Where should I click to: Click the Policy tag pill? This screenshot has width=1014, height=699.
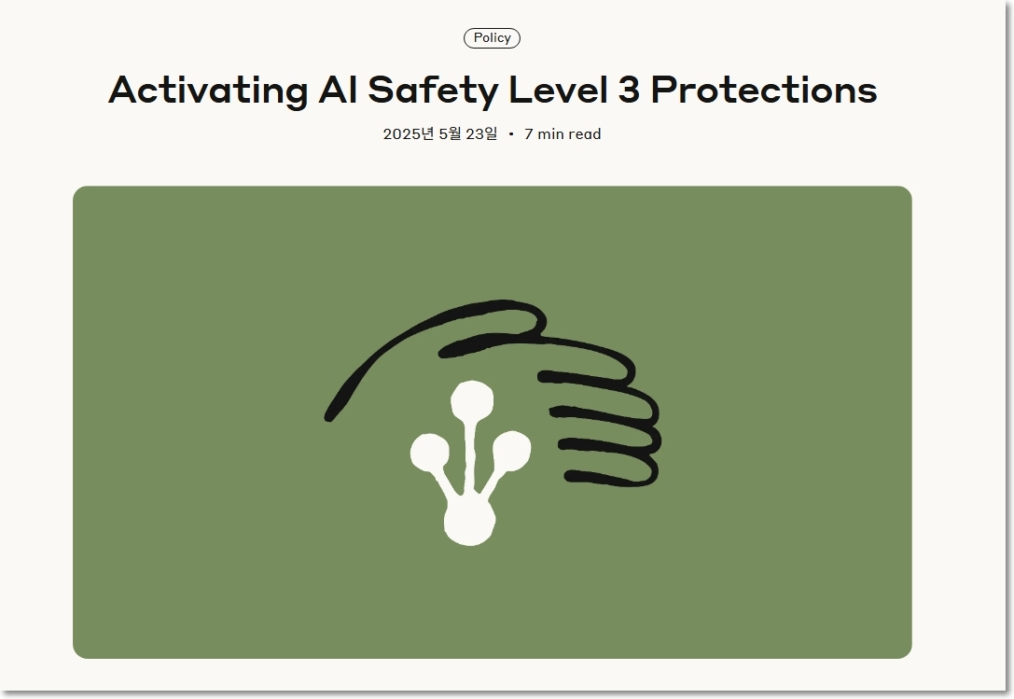tap(492, 38)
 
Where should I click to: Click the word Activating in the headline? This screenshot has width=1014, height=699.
tap(208, 90)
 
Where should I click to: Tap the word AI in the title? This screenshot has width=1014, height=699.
tap(337, 90)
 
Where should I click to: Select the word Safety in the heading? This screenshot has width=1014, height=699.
tap(433, 90)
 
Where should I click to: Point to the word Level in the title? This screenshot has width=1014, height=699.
tap(558, 89)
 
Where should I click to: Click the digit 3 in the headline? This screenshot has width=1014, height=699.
tap(630, 90)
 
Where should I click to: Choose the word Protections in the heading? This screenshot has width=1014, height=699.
tap(764, 90)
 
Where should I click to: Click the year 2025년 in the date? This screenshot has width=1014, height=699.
tap(408, 134)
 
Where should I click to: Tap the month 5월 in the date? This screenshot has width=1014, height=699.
tap(450, 134)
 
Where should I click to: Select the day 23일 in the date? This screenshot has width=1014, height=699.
tap(481, 134)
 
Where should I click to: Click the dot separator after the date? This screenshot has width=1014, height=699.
tap(511, 134)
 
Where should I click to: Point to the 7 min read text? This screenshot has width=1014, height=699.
tap(563, 134)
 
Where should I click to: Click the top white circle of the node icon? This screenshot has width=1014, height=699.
tap(472, 400)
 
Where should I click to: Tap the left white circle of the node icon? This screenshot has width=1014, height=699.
tap(429, 452)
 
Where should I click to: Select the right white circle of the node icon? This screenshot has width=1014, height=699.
tap(511, 450)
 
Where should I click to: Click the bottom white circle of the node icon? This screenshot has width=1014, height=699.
tap(470, 522)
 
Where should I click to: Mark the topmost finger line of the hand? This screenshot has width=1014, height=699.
tap(582, 380)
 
